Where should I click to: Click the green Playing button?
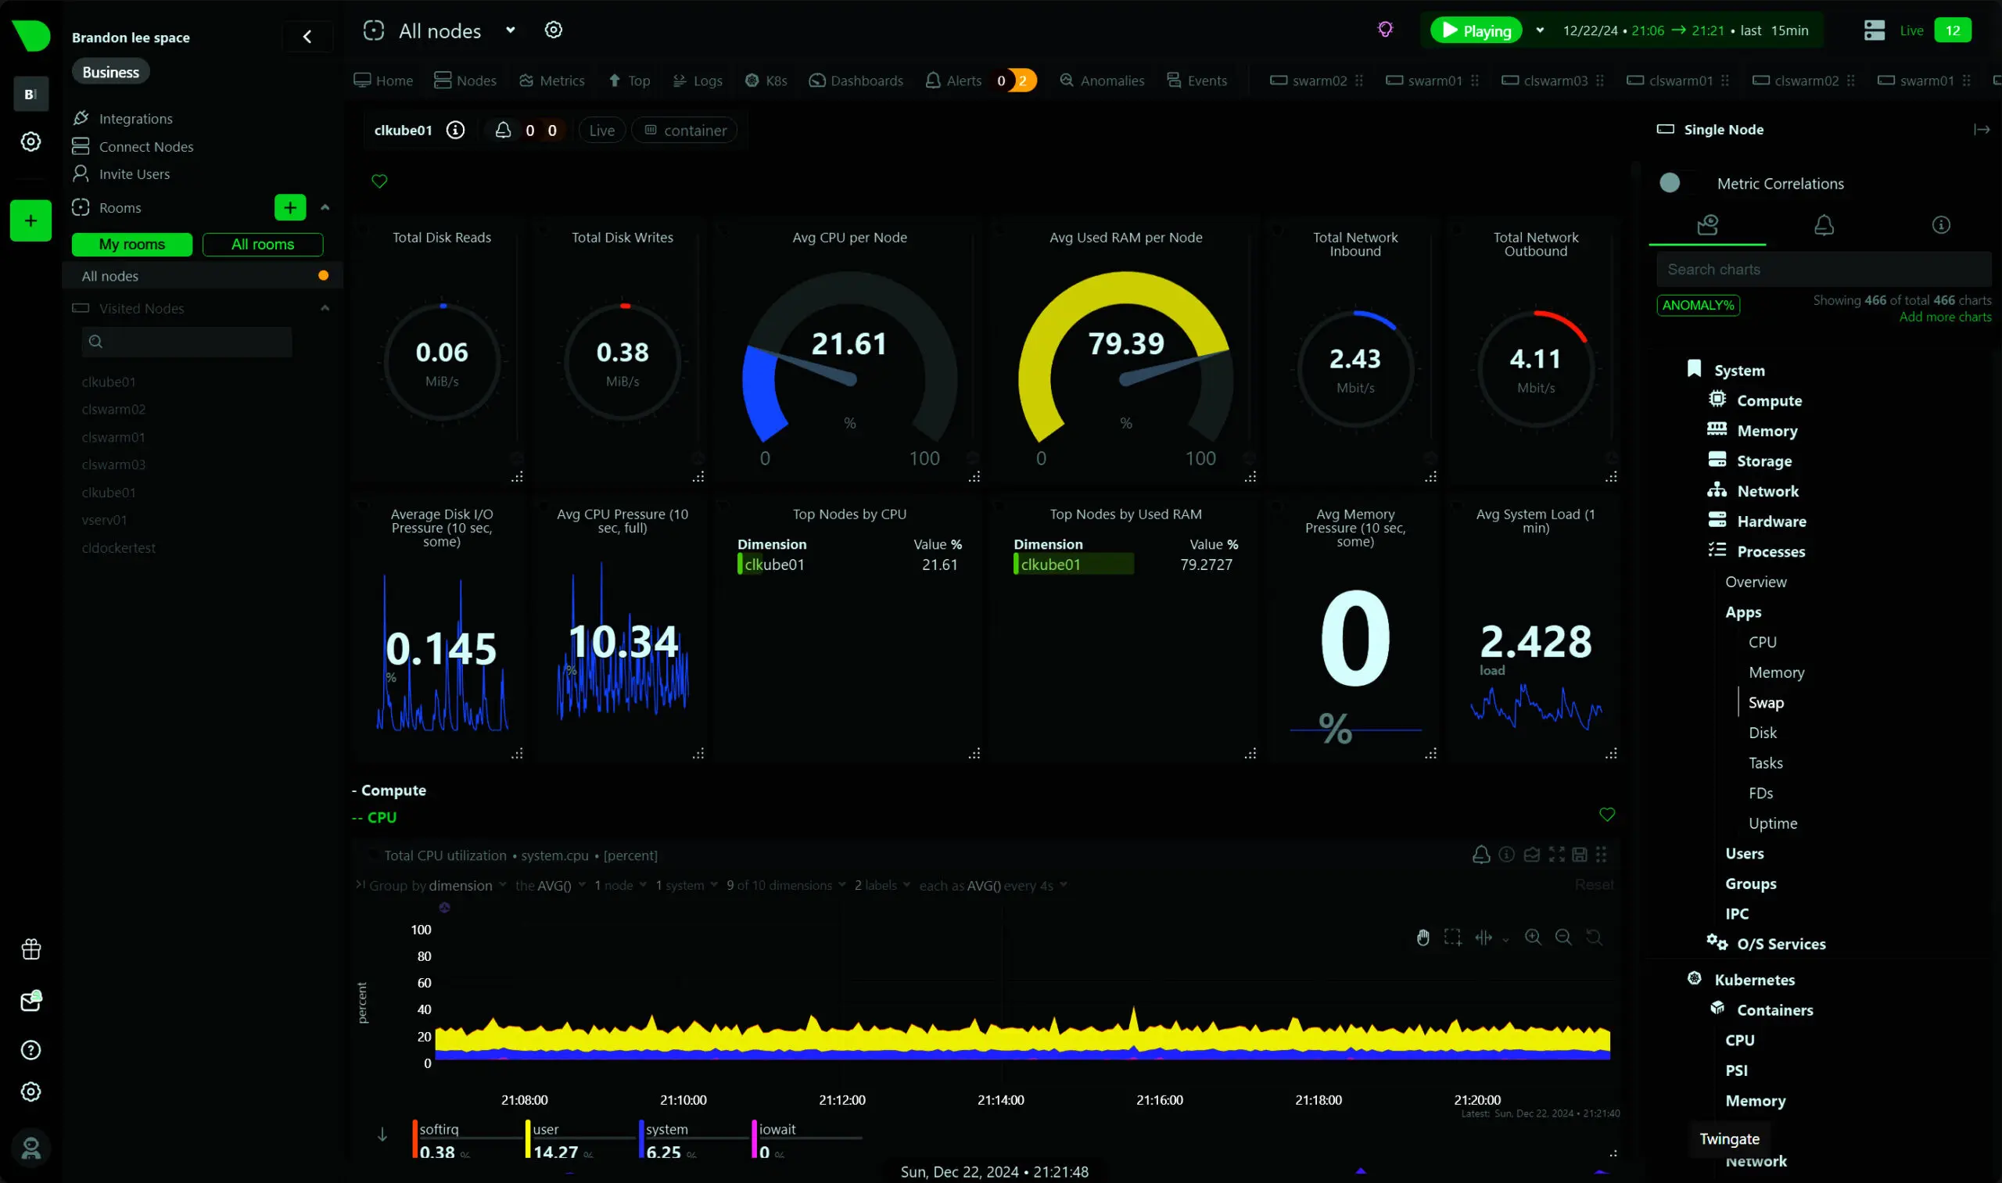point(1476,30)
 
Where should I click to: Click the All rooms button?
point(262,244)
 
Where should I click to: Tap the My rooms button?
point(131,244)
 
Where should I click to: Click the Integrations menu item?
point(135,119)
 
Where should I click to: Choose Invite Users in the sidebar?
point(134,174)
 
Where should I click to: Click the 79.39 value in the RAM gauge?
point(1126,343)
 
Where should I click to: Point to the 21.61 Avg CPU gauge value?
point(849,343)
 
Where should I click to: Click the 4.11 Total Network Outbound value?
point(1535,359)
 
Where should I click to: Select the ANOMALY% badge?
point(1698,305)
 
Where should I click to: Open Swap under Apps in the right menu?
point(1765,702)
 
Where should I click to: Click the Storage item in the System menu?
point(1763,461)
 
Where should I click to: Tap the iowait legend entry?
point(777,1129)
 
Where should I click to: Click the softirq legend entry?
point(439,1129)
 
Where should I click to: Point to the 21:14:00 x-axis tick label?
point(1000,1099)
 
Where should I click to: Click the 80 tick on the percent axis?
point(423,955)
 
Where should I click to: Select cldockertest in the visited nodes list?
point(119,547)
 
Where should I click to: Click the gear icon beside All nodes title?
point(554,30)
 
